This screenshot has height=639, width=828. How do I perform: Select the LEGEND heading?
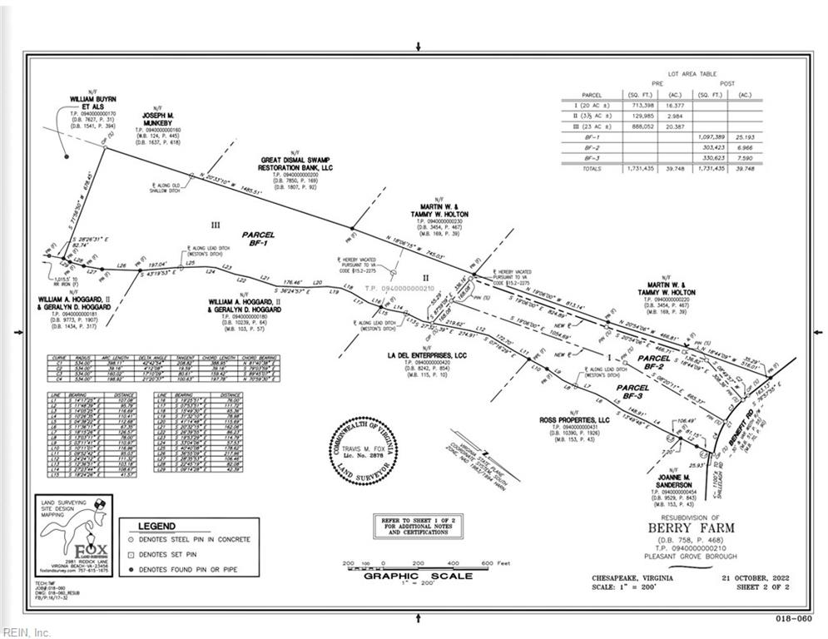156,526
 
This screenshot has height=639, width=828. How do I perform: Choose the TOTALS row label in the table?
592,168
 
